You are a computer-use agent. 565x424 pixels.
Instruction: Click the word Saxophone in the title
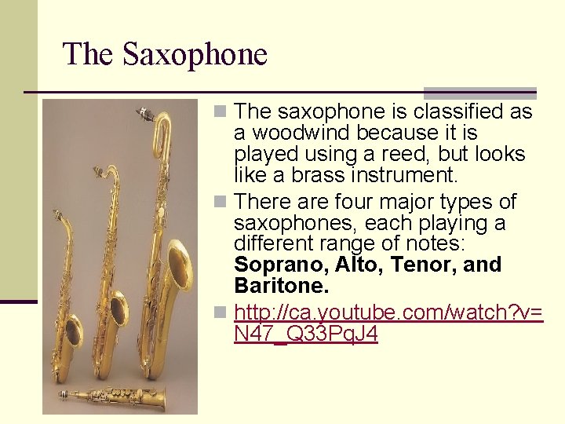195,54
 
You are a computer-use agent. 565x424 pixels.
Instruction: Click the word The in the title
89,54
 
